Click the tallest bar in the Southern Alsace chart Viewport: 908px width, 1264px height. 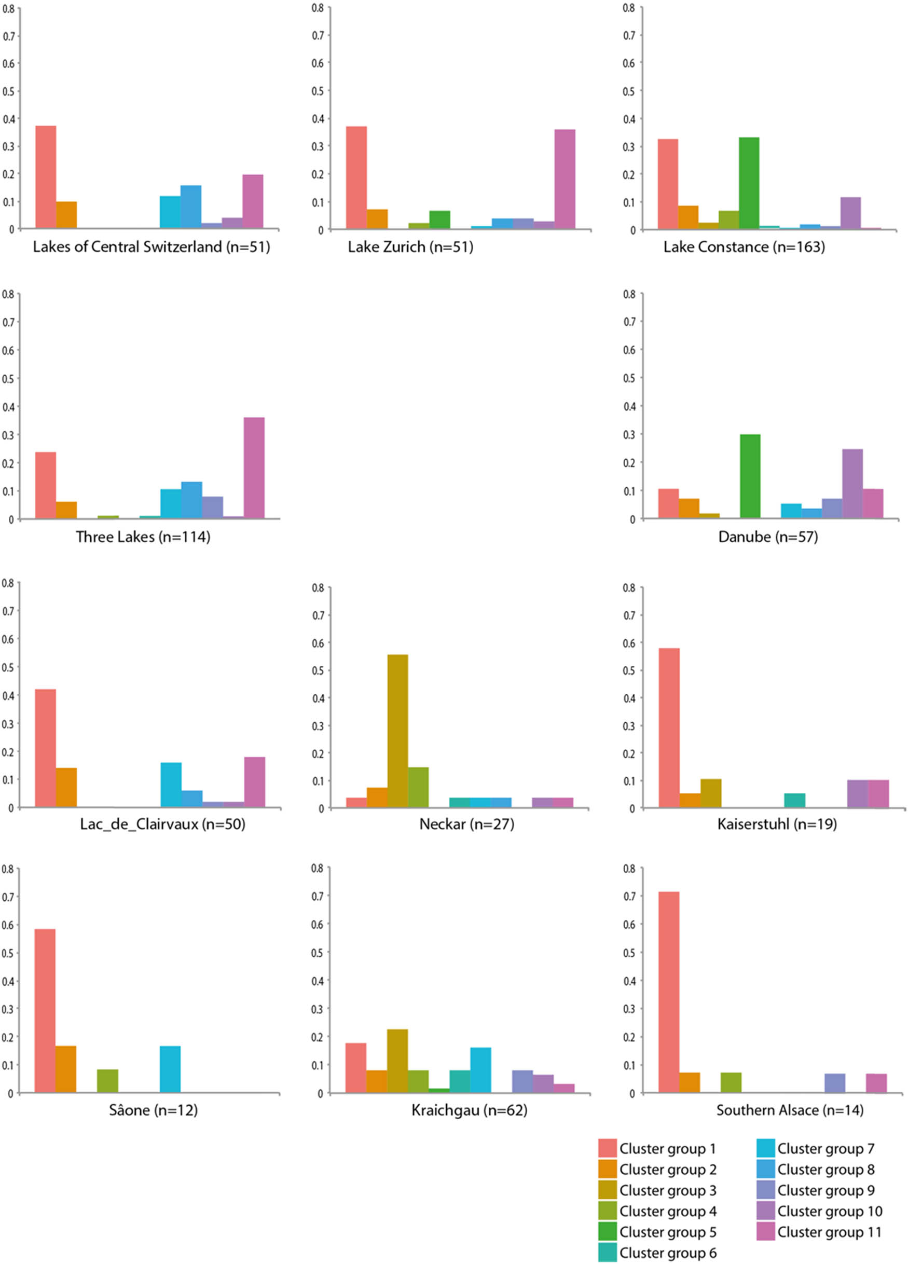[x=668, y=992]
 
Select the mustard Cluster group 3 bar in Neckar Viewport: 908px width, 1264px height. [x=397, y=731]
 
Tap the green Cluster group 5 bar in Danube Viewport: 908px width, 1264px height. [x=750, y=476]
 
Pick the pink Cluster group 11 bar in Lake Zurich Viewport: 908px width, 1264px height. [x=565, y=179]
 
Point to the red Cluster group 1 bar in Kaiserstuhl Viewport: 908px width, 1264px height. [x=669, y=728]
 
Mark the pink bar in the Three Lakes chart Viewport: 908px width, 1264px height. [x=254, y=468]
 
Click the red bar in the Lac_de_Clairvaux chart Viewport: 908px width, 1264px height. [x=45, y=748]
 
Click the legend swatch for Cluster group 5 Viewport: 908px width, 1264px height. [x=607, y=1231]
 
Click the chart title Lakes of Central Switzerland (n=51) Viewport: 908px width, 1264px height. [x=151, y=247]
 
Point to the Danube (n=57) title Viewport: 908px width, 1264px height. [x=767, y=537]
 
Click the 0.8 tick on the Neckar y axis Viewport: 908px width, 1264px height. [x=318, y=587]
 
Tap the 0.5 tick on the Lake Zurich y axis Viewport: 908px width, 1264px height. [x=318, y=91]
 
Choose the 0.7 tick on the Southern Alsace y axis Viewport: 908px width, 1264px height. [x=629, y=896]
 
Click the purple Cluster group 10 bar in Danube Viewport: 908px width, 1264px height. [x=852, y=484]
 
